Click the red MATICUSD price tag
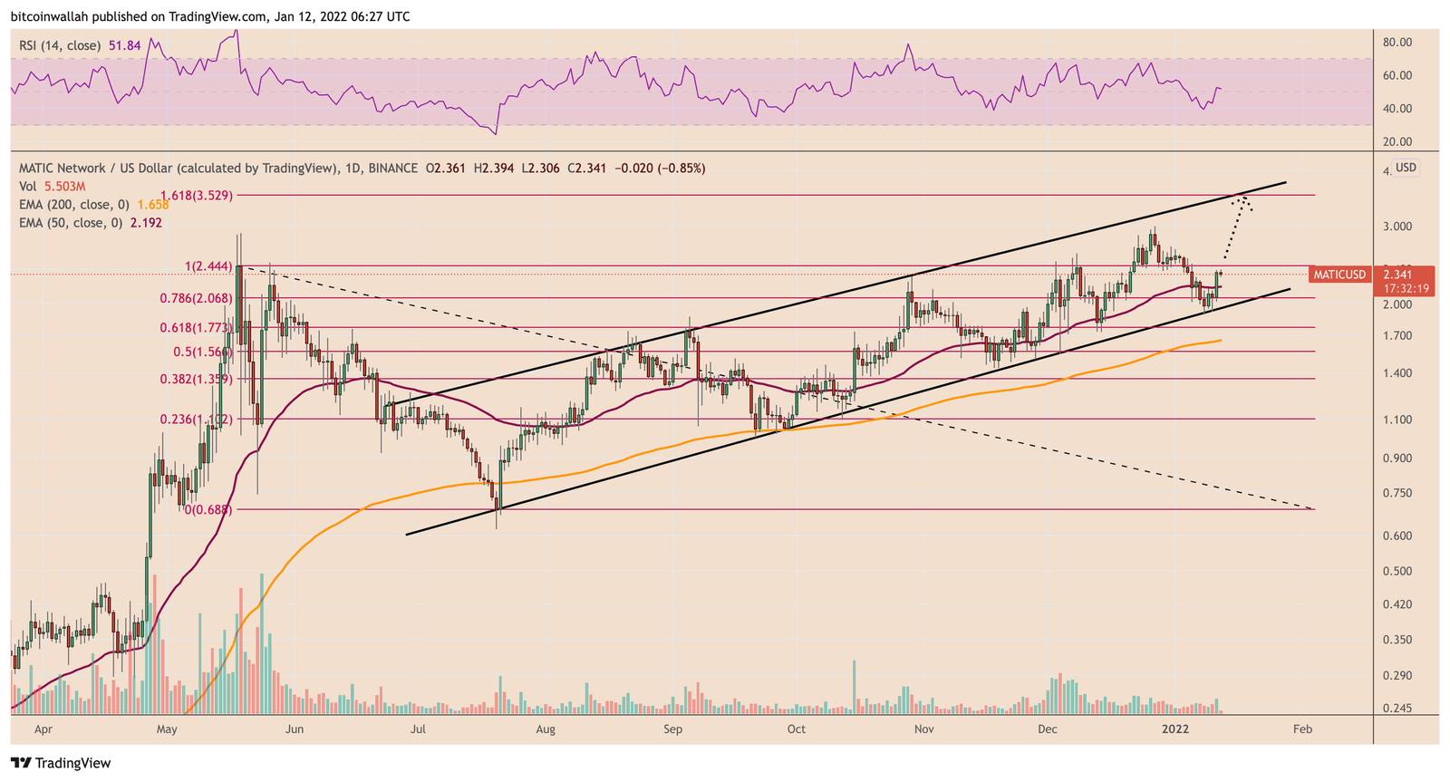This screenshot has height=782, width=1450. [x=1339, y=275]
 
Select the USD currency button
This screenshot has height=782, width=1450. [x=1406, y=168]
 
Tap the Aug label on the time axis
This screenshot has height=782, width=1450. [x=545, y=729]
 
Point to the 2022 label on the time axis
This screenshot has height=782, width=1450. [x=1175, y=729]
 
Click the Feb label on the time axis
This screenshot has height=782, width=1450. [x=1302, y=729]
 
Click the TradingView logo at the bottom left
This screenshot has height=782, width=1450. [x=61, y=763]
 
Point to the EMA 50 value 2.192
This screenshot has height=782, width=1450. [x=145, y=223]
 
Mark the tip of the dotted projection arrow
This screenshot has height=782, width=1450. [x=1244, y=198]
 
